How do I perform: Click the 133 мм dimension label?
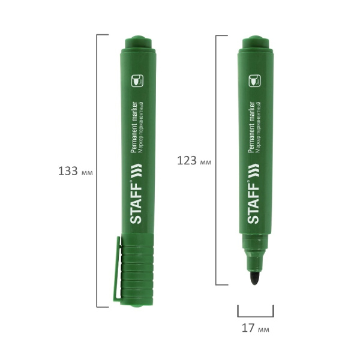[76, 171]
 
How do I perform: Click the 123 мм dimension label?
[194, 160]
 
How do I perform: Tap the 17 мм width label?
[256, 328]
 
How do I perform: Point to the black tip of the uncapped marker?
[254, 278]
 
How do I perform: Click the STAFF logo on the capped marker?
[136, 202]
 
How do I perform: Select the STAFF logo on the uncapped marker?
[253, 202]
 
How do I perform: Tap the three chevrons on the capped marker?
[136, 170]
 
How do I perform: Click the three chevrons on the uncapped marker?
[253, 170]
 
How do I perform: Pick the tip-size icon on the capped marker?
[137, 80]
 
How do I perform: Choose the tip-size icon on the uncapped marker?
[255, 80]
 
